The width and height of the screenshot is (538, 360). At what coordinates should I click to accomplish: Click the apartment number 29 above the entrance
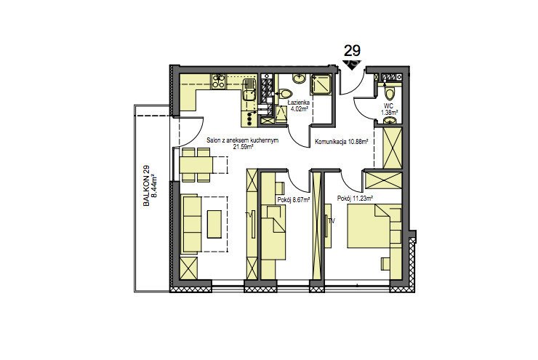[352, 51]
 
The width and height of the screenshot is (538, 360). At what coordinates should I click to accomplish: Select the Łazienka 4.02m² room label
[300, 105]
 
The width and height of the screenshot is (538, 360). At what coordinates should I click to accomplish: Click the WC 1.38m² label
[389, 109]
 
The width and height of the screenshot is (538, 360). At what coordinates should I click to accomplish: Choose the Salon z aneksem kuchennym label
[242, 140]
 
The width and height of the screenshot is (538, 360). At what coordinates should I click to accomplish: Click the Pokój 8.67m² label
[294, 199]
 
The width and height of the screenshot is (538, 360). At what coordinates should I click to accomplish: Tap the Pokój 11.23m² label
[355, 198]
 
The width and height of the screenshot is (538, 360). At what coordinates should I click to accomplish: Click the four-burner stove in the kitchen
[218, 81]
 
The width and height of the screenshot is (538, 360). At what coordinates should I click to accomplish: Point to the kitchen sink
[249, 89]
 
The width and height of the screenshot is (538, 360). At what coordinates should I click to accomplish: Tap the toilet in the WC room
[389, 93]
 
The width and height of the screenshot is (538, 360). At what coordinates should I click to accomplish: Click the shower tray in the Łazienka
[321, 84]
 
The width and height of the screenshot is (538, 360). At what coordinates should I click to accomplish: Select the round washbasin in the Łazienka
[299, 79]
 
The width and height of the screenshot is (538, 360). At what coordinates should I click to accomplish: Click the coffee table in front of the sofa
[214, 224]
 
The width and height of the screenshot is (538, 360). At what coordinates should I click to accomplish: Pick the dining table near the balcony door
[196, 165]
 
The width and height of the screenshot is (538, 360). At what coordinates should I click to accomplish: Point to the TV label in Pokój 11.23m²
[332, 221]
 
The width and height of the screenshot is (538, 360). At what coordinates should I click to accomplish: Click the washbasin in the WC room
[390, 121]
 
